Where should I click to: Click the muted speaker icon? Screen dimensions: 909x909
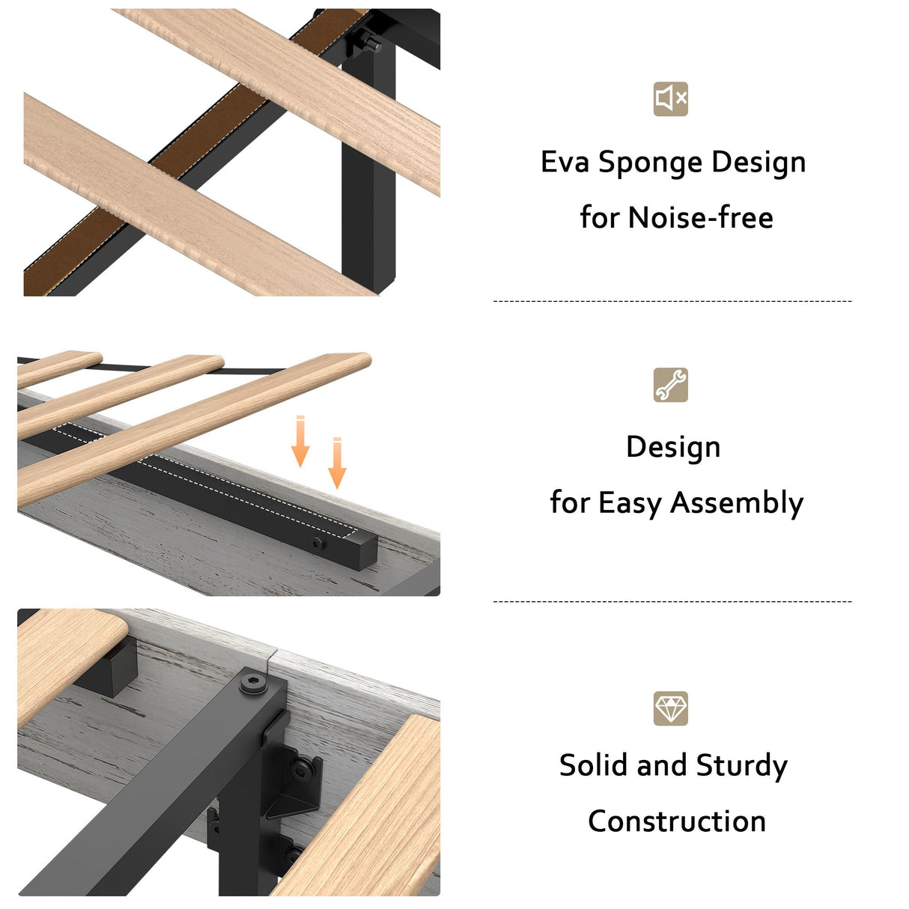point(670,99)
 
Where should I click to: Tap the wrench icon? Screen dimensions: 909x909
point(670,385)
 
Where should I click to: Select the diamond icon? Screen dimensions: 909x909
point(670,708)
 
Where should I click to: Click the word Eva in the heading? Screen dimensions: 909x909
point(565,162)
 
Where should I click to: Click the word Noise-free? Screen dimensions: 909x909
point(701,217)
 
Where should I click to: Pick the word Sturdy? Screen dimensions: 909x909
point(741,766)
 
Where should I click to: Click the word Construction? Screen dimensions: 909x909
point(676,821)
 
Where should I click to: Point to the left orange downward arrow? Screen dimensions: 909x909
point(300,441)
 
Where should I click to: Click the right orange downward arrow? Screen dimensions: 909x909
point(337,463)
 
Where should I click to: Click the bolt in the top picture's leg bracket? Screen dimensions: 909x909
point(368,40)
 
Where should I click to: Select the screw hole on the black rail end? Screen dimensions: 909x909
point(318,544)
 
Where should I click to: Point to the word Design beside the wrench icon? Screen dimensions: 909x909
point(673,447)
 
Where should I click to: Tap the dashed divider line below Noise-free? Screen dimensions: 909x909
point(672,301)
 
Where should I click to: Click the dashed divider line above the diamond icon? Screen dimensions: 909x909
point(672,601)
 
